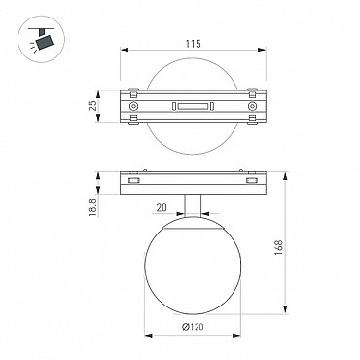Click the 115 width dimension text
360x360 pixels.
(194, 44)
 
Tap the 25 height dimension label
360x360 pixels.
(92, 106)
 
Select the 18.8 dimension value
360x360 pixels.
(92, 208)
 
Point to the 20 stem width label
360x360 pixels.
(162, 207)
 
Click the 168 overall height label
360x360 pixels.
(279, 247)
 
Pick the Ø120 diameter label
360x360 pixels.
(193, 327)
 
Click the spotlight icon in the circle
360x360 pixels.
(43, 41)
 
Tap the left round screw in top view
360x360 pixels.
(133, 106)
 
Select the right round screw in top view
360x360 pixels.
(252, 106)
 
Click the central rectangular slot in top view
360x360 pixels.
(193, 106)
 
